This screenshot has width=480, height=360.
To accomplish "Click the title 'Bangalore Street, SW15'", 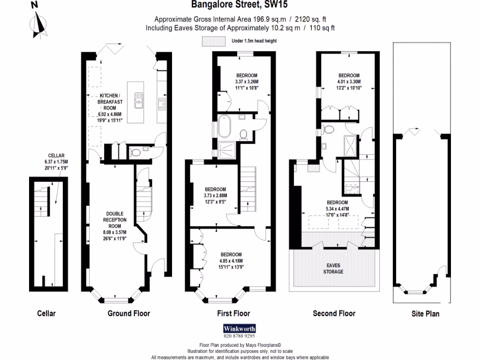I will pos(240,5).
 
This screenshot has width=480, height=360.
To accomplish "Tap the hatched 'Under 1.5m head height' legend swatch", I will pos(213,41).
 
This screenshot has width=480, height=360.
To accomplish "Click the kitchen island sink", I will pos(139,100).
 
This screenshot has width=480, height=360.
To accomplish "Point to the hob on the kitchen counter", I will pos(163,103).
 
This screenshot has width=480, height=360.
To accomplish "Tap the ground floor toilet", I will pos(135,151).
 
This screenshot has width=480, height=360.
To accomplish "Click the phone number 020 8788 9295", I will pos(240,336).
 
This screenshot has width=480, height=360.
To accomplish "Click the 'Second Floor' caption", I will pos(334,313).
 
